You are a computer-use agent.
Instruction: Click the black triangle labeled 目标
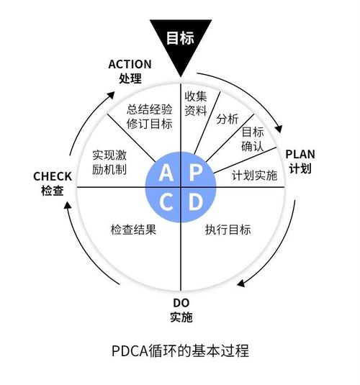click(180, 40)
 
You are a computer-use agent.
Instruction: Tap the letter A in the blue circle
click(166, 173)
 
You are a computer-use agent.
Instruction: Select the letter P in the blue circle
click(195, 173)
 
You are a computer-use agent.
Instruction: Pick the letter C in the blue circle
click(166, 202)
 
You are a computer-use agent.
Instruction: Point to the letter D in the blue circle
click(195, 202)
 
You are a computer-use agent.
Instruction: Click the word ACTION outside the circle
click(130, 65)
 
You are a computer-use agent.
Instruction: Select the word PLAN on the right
click(300, 154)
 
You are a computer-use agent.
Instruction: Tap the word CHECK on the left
click(53, 176)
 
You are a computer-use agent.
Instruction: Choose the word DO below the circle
click(181, 302)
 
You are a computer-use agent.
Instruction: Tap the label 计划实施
click(254, 175)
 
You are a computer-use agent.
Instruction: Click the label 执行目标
click(228, 230)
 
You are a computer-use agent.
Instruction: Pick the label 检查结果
click(133, 230)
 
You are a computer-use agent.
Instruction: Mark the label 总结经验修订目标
click(150, 116)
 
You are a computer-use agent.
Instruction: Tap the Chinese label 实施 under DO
click(181, 317)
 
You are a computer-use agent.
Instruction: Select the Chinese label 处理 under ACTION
click(130, 79)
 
